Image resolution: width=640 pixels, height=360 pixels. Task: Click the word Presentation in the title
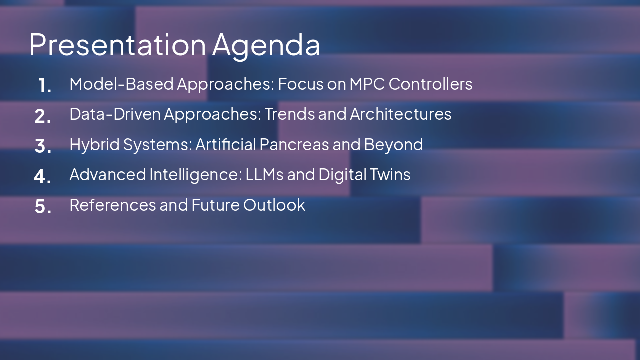pos(117,44)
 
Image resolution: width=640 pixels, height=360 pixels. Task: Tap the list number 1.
pos(44,86)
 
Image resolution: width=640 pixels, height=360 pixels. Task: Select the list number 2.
pos(43,116)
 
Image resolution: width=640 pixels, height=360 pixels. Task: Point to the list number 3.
pos(43,146)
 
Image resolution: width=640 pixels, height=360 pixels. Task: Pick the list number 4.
pos(43,176)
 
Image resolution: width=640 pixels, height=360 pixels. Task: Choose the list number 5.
pos(43,206)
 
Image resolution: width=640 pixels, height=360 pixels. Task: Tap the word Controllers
pos(430,84)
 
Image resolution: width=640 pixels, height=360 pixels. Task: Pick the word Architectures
pos(400,114)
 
